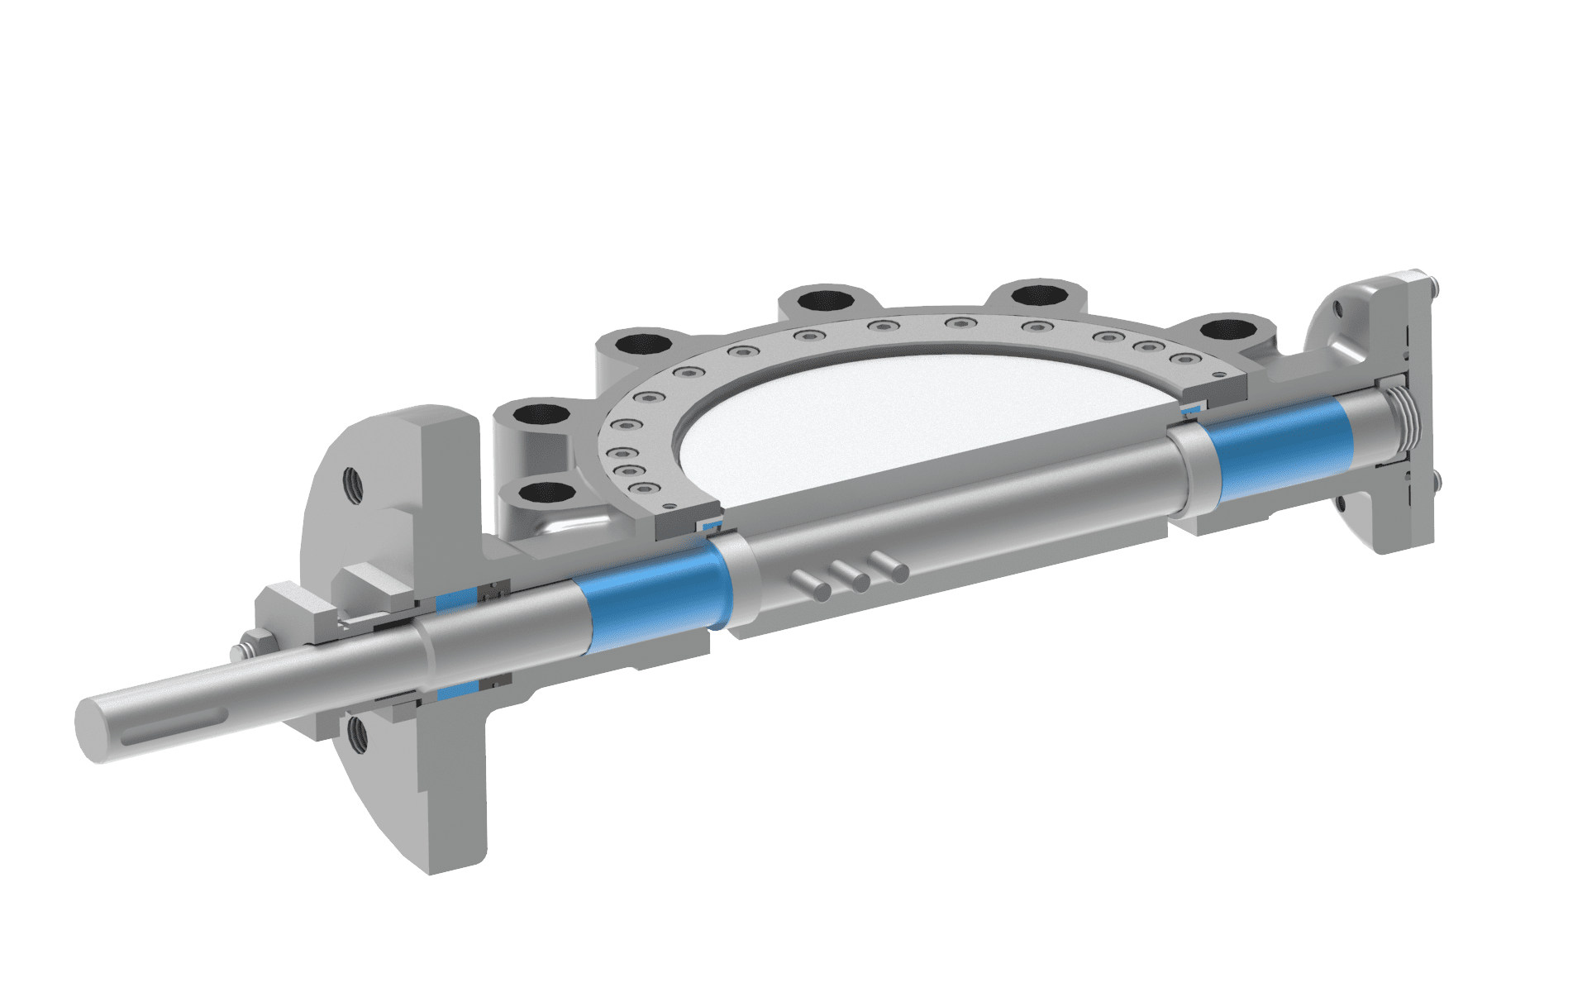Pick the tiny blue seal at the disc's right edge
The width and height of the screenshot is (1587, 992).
tap(1193, 409)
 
